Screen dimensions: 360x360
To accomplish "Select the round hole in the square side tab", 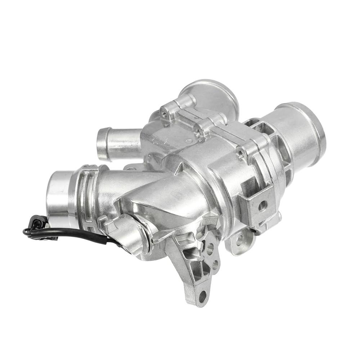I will click(263, 206).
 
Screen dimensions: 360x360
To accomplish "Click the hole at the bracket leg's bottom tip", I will click(203, 296).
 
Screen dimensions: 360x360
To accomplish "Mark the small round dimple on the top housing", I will click(189, 141).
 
